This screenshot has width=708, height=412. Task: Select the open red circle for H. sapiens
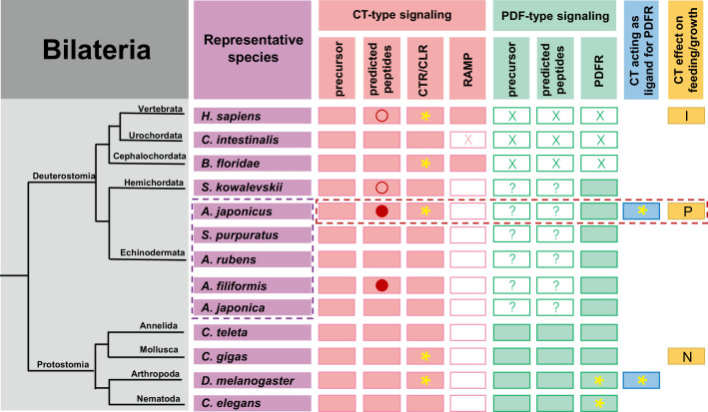[x=381, y=116]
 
